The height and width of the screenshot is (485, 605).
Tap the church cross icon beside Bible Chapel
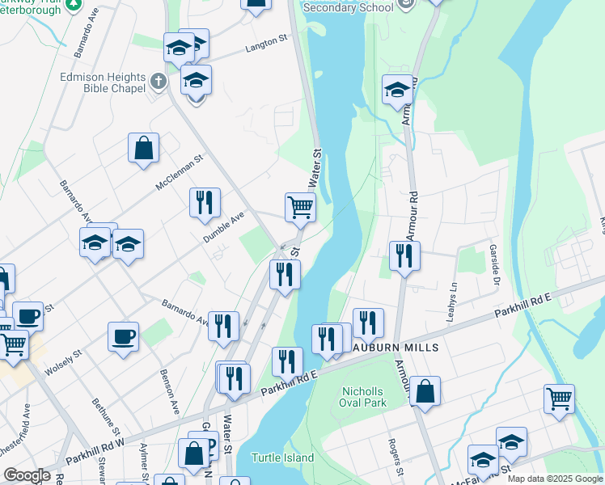point(158,81)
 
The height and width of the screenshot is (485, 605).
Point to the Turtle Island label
point(282,458)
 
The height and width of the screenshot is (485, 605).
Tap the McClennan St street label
point(179,173)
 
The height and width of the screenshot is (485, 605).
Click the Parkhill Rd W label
point(95,449)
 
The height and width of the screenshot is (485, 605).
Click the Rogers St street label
point(396,457)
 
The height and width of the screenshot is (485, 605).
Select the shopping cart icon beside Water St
point(300,207)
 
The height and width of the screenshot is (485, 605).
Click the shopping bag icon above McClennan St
point(143,148)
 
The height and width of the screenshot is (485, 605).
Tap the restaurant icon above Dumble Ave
point(205,201)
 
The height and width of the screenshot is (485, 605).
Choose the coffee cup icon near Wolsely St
point(123,336)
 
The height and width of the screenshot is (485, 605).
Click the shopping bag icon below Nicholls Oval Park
point(425,392)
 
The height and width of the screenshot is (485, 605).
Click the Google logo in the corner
point(27,475)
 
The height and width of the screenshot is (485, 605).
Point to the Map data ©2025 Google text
point(555,479)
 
